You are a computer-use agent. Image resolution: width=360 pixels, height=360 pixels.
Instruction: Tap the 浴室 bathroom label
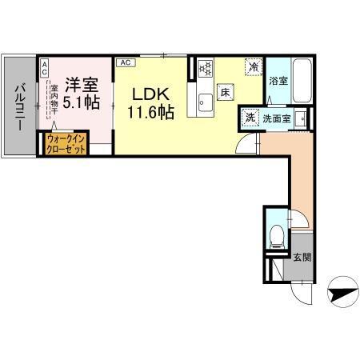(278, 82)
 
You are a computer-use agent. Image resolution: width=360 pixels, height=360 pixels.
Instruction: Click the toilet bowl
(276, 235)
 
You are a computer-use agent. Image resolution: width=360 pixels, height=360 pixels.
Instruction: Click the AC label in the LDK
(125, 61)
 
